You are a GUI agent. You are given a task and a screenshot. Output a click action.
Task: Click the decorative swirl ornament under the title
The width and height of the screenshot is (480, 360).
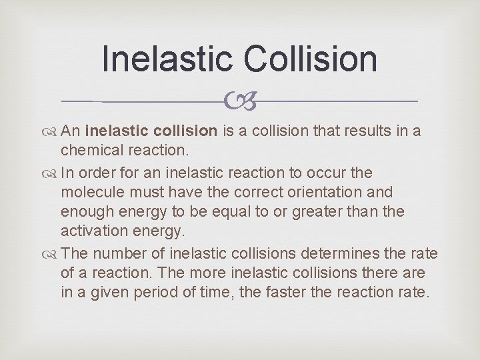tap(239, 101)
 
